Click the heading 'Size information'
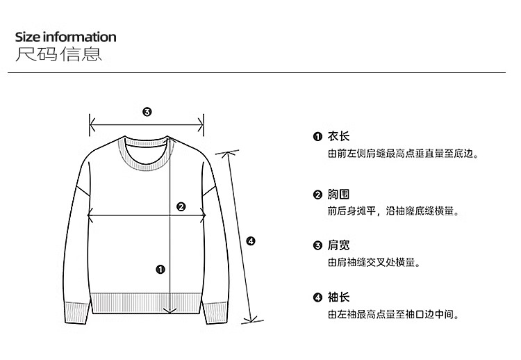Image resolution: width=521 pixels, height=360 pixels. (x=65, y=37)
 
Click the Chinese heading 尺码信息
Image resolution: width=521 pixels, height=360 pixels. (x=59, y=54)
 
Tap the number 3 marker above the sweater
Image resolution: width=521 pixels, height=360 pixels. (x=147, y=112)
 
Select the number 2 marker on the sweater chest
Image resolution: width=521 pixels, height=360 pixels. (x=181, y=206)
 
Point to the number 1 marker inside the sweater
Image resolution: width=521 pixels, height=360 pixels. (x=161, y=269)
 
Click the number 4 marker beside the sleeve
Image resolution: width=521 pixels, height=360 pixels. (x=251, y=241)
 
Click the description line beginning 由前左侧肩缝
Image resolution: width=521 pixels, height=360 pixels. (x=403, y=154)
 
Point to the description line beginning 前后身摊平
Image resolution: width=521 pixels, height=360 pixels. (x=393, y=211)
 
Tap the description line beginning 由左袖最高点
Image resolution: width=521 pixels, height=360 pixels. (x=393, y=315)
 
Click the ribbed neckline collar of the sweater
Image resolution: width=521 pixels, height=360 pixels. (x=147, y=162)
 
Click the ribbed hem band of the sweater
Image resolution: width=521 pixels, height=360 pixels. (x=147, y=304)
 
